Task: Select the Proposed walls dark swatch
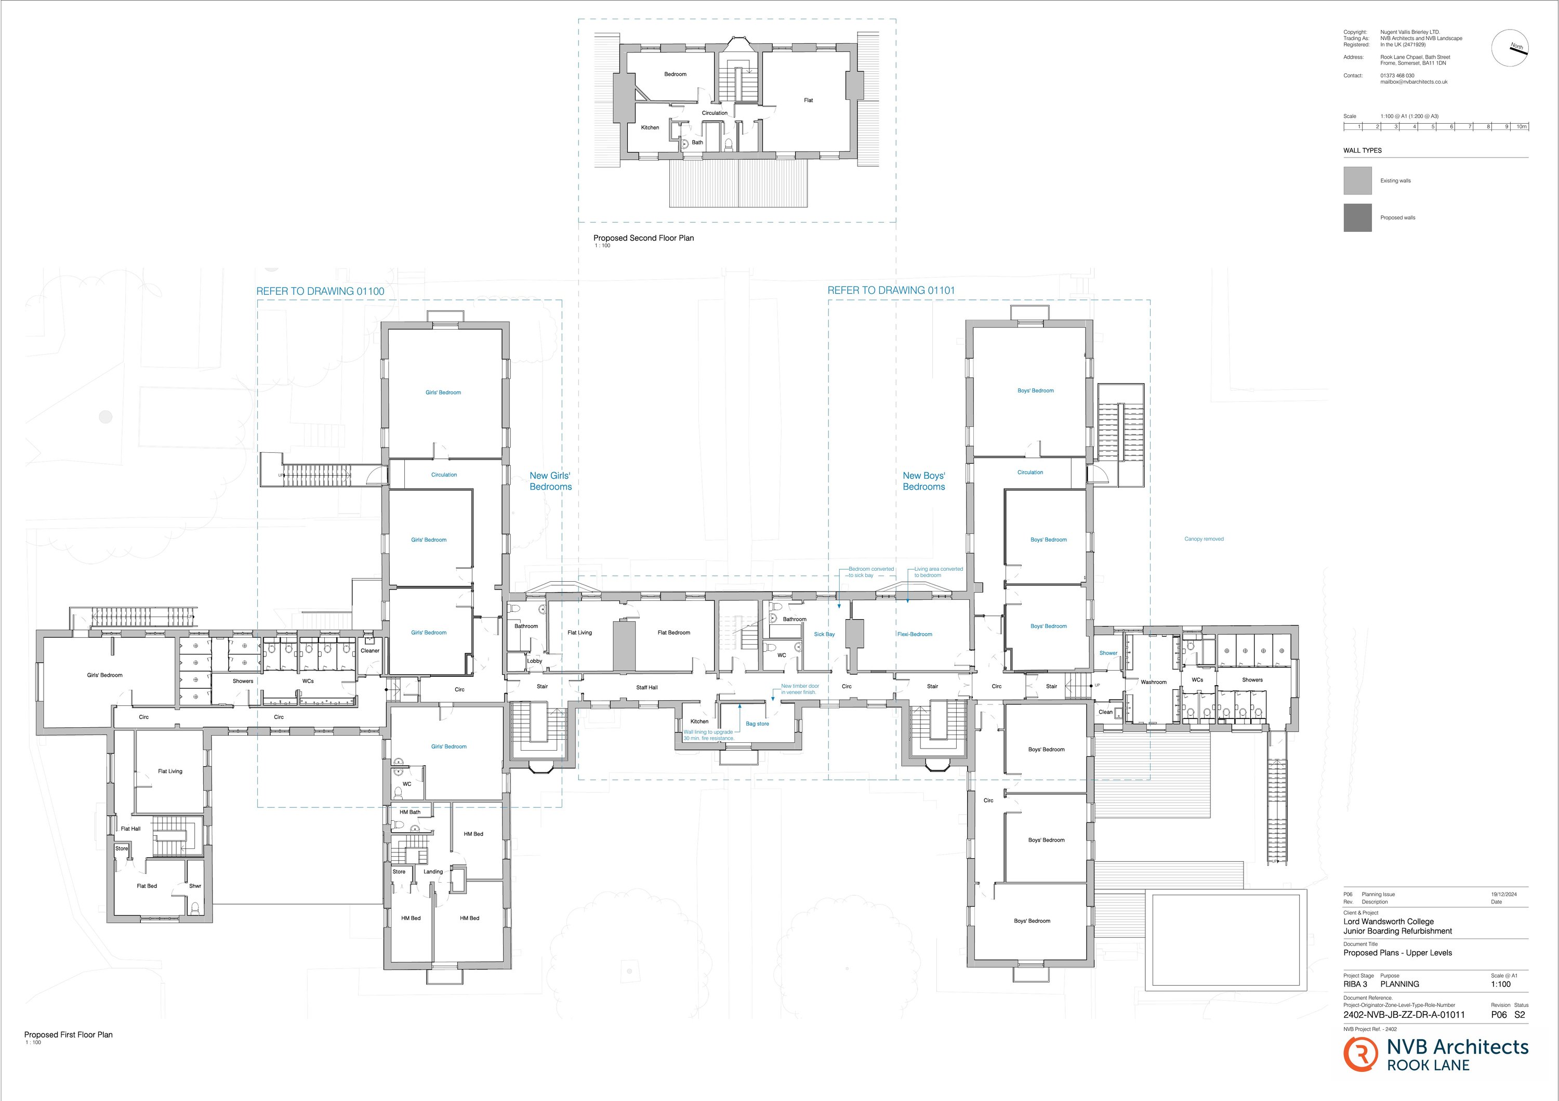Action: [1357, 218]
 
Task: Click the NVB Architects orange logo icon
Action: [1360, 1055]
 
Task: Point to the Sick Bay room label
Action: [824, 634]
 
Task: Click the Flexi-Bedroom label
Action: [915, 634]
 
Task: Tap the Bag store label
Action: [757, 724]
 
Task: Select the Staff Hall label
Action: [646, 687]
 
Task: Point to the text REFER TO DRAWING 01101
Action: [891, 290]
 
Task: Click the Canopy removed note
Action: [1204, 539]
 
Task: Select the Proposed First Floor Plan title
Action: [69, 1034]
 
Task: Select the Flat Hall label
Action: [130, 829]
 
